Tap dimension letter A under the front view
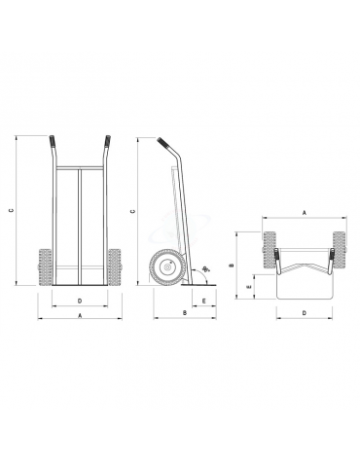(79, 316)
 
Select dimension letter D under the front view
(79, 301)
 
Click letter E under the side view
(203, 301)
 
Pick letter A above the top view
(304, 210)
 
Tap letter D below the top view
(304, 313)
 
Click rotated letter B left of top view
(232, 264)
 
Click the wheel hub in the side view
(166, 267)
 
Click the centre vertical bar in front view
(79, 224)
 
